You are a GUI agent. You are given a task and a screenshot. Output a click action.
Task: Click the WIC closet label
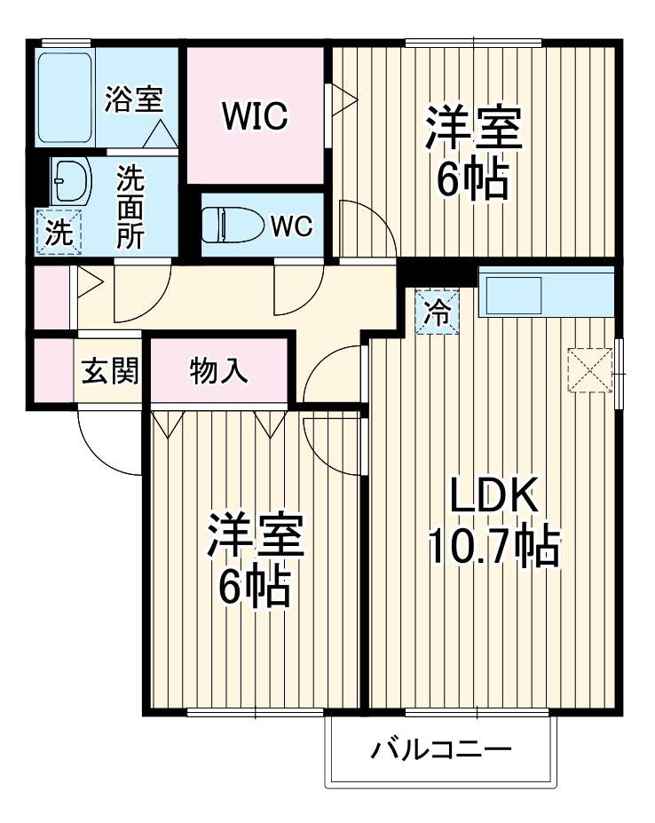pyautogui.click(x=255, y=115)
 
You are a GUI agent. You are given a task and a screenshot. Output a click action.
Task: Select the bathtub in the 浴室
pyautogui.click(x=66, y=98)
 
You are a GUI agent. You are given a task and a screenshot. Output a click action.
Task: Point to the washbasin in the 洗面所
pyautogui.click(x=70, y=183)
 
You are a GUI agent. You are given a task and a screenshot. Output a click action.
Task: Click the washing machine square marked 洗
pyautogui.click(x=59, y=233)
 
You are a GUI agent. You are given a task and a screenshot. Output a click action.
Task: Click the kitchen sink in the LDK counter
pyautogui.click(x=511, y=295)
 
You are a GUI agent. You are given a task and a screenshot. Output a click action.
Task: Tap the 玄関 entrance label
pyautogui.click(x=110, y=371)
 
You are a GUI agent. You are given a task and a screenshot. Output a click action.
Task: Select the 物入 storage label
pyautogui.click(x=218, y=371)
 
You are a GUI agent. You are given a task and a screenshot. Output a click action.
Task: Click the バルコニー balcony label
pyautogui.click(x=441, y=751)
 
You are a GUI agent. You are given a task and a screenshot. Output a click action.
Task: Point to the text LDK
pyautogui.click(x=493, y=497)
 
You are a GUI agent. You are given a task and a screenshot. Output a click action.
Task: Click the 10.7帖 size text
pyautogui.click(x=493, y=546)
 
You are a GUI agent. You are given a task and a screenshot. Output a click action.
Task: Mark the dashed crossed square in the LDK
pyautogui.click(x=590, y=368)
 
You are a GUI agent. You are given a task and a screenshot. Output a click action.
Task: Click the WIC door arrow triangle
pyautogui.click(x=341, y=96)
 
